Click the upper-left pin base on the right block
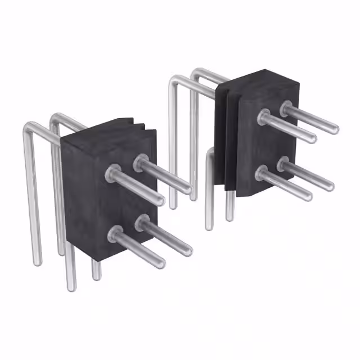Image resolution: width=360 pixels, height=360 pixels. click(x=264, y=118)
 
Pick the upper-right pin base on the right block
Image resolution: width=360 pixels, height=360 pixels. click(x=287, y=107)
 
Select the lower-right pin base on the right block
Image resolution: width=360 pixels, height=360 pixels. click(x=285, y=163)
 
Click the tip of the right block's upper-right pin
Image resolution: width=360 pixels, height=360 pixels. click(x=336, y=129)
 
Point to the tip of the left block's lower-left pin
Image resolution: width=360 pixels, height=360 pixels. click(x=162, y=263)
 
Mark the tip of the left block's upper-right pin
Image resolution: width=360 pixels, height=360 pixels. click(x=188, y=190)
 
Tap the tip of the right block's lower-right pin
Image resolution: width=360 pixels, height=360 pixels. click(x=331, y=186)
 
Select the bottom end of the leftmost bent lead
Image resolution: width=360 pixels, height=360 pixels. click(x=37, y=262)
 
